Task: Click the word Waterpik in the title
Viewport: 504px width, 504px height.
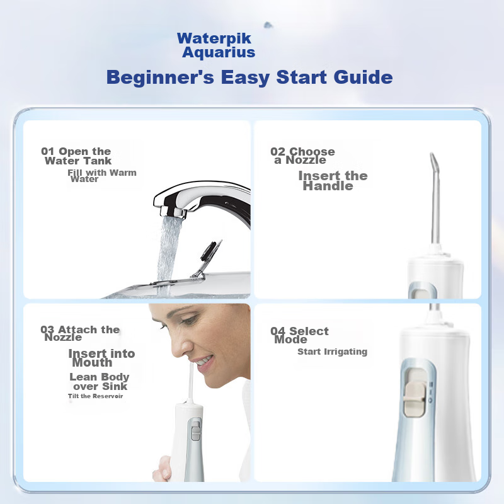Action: coord(214,39)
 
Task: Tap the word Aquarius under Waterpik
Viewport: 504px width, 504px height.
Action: coord(219,52)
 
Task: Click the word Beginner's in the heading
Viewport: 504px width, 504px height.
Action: coord(160,77)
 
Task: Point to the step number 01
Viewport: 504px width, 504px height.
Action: coord(48,151)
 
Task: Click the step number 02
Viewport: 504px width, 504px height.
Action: coord(278,151)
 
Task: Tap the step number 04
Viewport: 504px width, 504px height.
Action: coord(278,331)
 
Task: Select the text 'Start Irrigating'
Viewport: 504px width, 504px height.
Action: coord(333,352)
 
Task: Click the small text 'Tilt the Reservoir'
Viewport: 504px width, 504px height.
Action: coord(96,396)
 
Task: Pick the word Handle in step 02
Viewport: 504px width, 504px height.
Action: coord(328,186)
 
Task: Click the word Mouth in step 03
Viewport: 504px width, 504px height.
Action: coord(92,363)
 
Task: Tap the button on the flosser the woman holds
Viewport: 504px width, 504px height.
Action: coord(196,431)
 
